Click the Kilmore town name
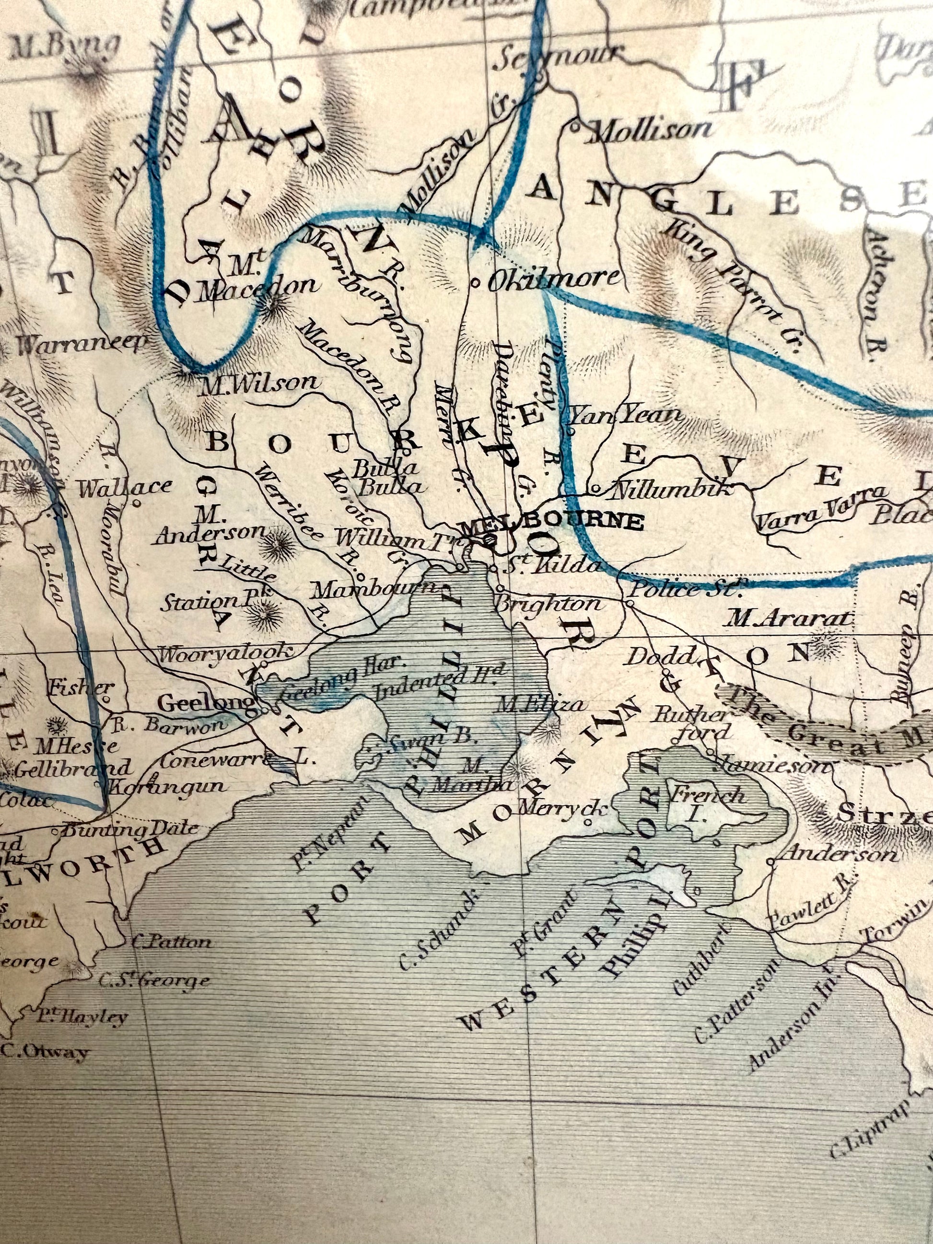coord(554,279)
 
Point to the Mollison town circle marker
coord(575,127)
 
